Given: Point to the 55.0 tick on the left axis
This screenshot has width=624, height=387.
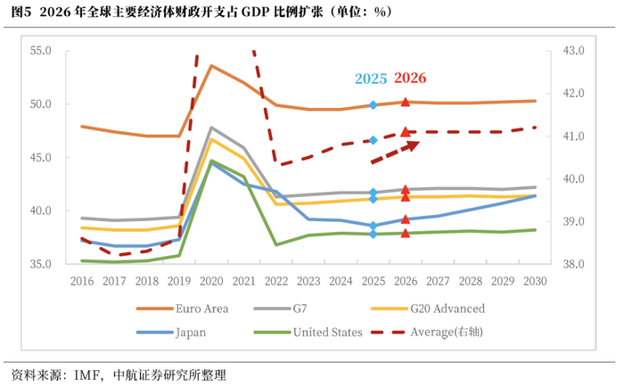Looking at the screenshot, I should [x=42, y=51].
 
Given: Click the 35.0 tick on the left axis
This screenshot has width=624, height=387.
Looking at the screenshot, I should [x=42, y=265].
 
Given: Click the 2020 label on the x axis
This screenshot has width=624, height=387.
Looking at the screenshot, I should [x=211, y=281].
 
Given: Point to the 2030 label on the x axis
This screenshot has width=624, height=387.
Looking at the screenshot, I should [x=535, y=281].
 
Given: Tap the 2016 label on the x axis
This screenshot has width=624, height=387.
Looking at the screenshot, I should [x=81, y=281].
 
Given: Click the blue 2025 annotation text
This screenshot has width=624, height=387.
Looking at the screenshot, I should [x=371, y=78].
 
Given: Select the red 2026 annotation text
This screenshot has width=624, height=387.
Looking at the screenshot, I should [x=409, y=78].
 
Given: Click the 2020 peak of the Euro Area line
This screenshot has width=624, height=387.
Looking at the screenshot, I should [x=211, y=66].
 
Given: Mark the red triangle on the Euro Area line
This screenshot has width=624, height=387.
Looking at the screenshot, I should [x=406, y=103].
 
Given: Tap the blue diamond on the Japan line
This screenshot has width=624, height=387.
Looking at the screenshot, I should [x=374, y=226].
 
